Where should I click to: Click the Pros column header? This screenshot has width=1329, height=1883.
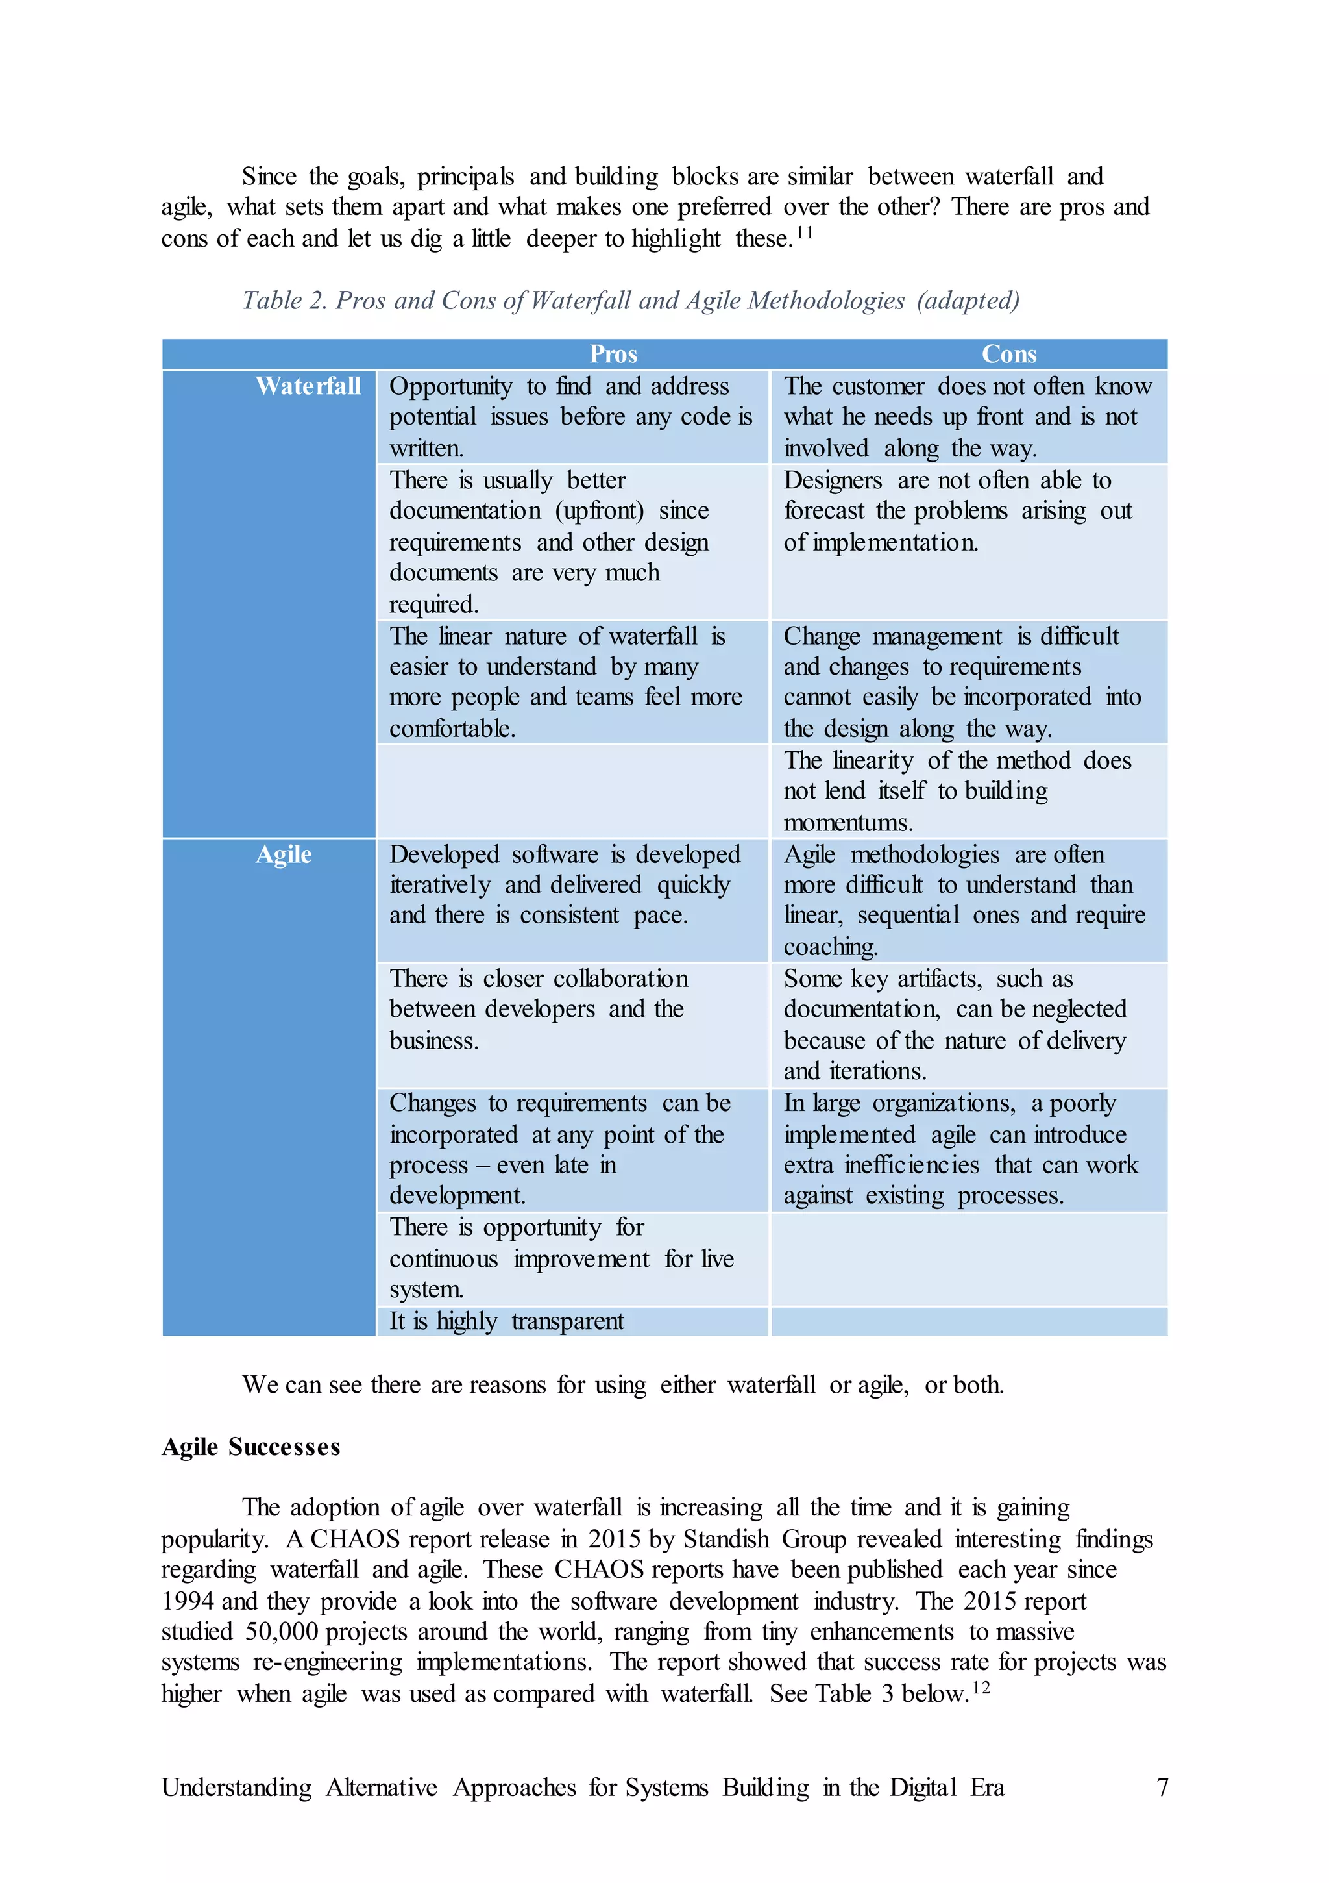pos(613,355)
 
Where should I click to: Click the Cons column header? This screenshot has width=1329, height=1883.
pos(1008,355)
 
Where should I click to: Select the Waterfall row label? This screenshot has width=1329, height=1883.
pos(308,386)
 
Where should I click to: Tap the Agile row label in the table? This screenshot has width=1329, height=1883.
pos(284,854)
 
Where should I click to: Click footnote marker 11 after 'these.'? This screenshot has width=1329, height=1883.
pos(804,233)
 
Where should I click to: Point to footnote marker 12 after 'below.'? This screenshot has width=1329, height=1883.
pos(981,1688)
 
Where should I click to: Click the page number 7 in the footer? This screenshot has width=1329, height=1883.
pos(1162,1787)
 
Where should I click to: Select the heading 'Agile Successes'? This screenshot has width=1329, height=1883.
pos(251,1447)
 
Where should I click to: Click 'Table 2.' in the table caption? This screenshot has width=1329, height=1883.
pos(284,301)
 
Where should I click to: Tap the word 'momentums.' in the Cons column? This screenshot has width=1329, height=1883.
pos(847,823)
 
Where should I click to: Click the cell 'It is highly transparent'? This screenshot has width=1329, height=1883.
pos(506,1321)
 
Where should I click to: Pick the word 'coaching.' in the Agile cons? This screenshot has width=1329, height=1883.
pos(831,947)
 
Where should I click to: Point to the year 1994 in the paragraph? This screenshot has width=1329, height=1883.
pos(188,1601)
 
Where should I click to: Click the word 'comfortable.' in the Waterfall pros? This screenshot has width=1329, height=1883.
pos(452,729)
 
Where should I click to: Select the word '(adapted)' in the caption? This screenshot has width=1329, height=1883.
pos(968,301)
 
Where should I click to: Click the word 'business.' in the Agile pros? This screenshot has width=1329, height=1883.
pos(433,1041)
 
